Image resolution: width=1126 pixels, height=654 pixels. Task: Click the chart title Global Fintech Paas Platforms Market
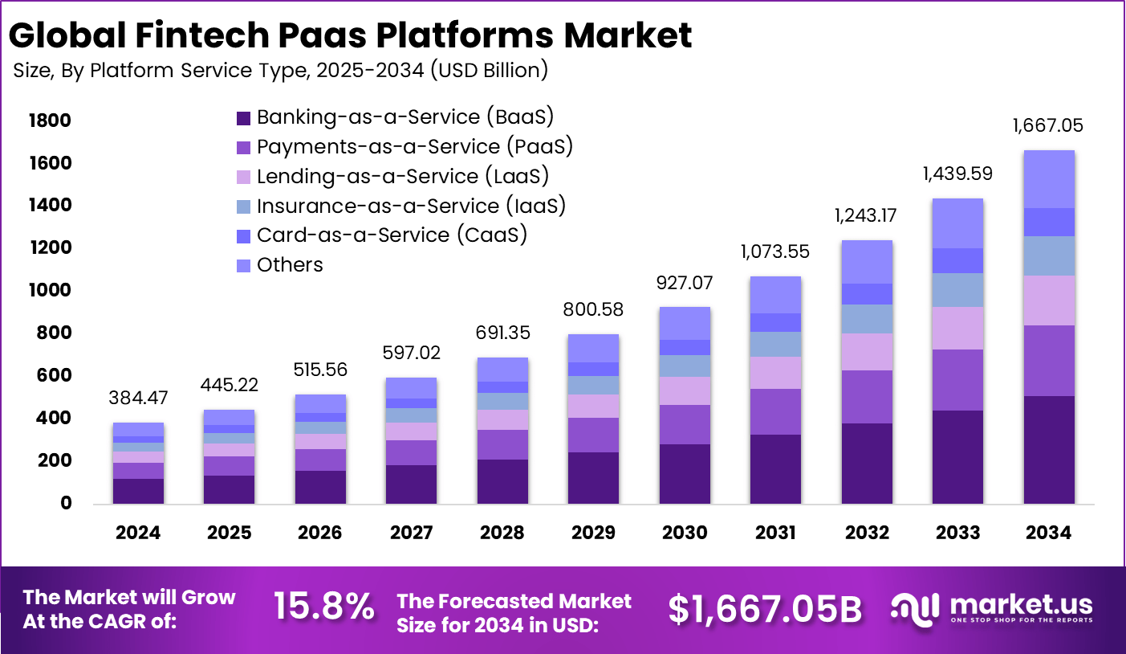[350, 35]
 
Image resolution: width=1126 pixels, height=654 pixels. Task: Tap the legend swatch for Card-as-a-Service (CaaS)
[244, 236]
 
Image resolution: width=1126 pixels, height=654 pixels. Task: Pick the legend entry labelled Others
[290, 265]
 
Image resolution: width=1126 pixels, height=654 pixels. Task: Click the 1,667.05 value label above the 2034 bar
[1047, 125]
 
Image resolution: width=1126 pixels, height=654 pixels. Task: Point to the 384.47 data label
[138, 397]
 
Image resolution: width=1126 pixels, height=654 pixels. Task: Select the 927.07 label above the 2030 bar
[685, 283]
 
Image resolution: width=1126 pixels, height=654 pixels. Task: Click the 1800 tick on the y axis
[49, 121]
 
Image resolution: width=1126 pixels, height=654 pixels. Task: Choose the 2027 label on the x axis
[411, 533]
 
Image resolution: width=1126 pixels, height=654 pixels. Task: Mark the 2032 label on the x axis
[867, 533]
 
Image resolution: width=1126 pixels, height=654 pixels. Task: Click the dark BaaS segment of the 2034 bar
[1049, 449]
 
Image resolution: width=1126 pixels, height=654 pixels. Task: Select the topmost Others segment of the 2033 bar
[957, 223]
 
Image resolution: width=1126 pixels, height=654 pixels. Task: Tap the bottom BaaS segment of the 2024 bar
[138, 491]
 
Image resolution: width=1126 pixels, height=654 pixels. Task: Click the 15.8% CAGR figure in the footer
[323, 607]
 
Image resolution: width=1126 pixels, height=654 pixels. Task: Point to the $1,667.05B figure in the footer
[765, 610]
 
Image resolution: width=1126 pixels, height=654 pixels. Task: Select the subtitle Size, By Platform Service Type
[280, 71]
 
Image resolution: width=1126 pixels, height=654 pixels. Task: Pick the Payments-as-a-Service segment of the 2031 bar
[775, 411]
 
